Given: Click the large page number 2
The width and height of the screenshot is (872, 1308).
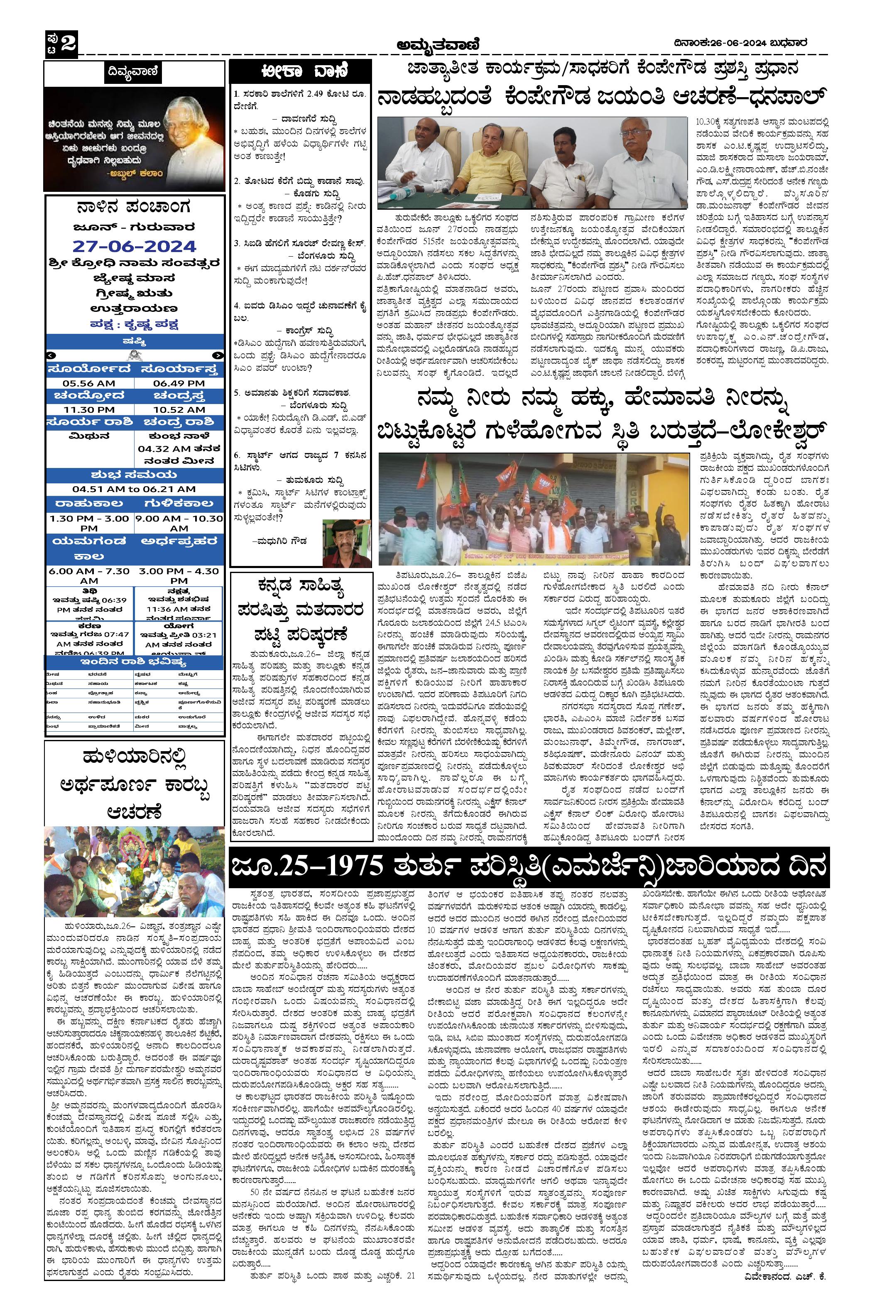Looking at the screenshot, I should [x=69, y=43].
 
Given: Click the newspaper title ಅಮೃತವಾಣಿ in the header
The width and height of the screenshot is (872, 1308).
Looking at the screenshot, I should [x=437, y=44].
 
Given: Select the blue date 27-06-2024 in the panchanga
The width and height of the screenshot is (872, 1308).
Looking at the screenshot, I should [x=134, y=246].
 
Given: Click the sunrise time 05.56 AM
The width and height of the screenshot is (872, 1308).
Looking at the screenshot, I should [x=89, y=383].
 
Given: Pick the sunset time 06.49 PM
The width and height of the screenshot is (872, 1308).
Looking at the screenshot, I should [x=179, y=383].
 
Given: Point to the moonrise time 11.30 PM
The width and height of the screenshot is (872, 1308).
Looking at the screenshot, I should [x=89, y=409].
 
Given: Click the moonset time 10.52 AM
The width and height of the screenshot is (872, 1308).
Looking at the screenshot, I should [x=179, y=409].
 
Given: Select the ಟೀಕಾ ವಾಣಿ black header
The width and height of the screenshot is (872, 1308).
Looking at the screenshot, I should [x=300, y=72].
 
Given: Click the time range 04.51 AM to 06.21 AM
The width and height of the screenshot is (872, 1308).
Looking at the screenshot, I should [x=134, y=490].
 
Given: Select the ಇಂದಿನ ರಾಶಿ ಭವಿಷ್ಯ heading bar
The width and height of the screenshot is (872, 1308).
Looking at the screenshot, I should [x=134, y=662].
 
